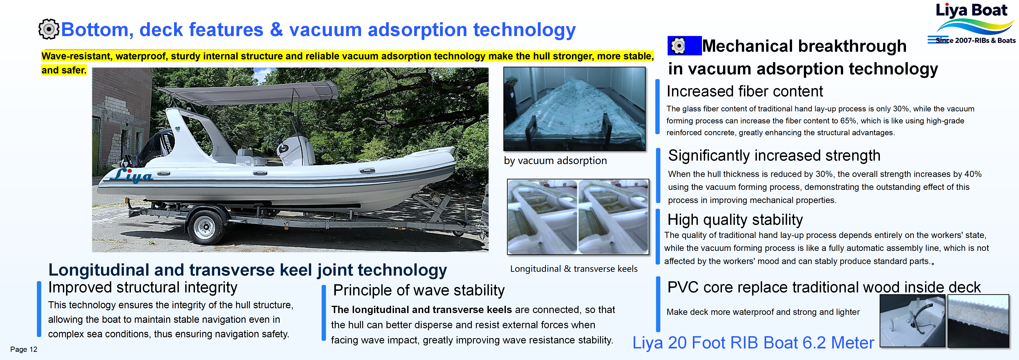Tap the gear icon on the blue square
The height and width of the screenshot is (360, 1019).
click(678, 46)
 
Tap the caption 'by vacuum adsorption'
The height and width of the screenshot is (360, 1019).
click(555, 161)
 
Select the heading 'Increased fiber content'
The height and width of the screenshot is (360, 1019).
click(744, 91)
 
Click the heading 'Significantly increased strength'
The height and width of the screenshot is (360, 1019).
click(774, 155)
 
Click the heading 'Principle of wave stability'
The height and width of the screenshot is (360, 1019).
click(418, 290)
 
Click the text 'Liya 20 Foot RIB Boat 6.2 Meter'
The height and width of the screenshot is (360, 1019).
click(753, 343)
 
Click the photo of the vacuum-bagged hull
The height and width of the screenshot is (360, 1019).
click(574, 109)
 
